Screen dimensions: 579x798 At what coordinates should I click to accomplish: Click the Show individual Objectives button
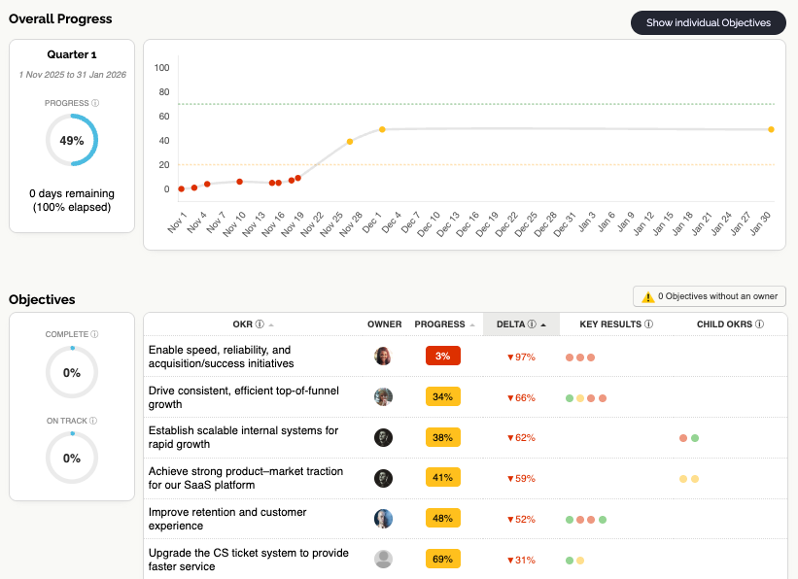tap(708, 22)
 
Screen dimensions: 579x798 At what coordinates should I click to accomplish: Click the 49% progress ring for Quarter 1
tap(72, 140)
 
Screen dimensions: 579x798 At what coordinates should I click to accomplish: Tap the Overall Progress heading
tap(60, 18)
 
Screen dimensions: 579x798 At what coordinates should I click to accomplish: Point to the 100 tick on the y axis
tap(161, 68)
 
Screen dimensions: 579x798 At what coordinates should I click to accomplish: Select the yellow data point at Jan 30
tap(771, 129)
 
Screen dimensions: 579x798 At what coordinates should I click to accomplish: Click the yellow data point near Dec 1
tap(382, 129)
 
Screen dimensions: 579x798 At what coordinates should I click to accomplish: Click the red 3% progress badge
tap(442, 357)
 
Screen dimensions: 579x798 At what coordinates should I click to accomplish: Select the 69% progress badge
tap(442, 560)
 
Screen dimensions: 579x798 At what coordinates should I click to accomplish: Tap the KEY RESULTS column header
tap(615, 324)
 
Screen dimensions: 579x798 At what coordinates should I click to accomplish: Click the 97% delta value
tap(521, 357)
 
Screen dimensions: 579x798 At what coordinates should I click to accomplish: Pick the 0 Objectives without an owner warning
tap(710, 296)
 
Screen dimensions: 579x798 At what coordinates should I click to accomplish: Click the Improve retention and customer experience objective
tap(227, 519)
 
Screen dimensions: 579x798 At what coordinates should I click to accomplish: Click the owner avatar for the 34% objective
tap(384, 396)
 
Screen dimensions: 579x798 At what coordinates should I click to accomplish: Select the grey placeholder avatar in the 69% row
tap(384, 560)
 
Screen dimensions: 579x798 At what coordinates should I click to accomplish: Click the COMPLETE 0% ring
tap(72, 372)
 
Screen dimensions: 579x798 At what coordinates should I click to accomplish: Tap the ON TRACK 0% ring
tap(72, 458)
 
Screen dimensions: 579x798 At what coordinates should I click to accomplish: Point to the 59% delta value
tap(521, 478)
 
